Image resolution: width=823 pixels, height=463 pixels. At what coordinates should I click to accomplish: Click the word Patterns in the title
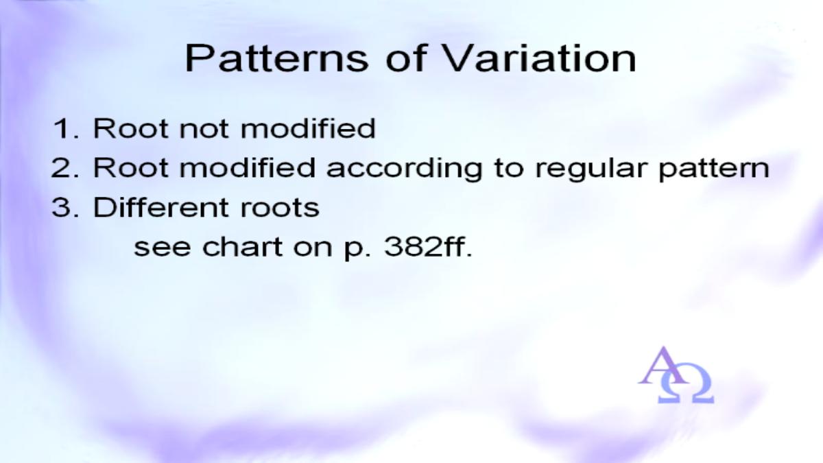click(x=276, y=58)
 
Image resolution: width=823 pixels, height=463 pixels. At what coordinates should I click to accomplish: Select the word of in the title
click(x=406, y=58)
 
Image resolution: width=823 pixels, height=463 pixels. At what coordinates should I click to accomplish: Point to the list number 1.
click(x=66, y=129)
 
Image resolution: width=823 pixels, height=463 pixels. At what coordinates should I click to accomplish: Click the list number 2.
click(x=65, y=168)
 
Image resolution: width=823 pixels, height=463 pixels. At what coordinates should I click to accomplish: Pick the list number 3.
click(x=65, y=207)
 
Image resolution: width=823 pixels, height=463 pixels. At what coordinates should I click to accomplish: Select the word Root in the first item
click(x=131, y=129)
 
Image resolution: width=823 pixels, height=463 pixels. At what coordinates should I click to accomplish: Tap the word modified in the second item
click(x=248, y=167)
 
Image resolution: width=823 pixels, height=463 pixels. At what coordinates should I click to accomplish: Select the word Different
click(x=161, y=207)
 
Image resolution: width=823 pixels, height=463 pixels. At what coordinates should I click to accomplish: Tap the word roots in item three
click(x=280, y=209)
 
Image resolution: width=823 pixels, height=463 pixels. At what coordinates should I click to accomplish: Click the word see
click(x=163, y=248)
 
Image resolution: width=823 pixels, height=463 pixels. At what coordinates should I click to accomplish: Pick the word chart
click(x=242, y=246)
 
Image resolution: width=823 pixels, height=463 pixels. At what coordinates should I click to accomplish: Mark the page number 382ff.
click(x=428, y=246)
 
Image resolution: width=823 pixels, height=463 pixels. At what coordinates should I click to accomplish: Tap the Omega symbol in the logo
click(x=686, y=383)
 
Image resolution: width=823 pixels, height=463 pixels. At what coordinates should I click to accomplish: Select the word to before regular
click(x=508, y=169)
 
